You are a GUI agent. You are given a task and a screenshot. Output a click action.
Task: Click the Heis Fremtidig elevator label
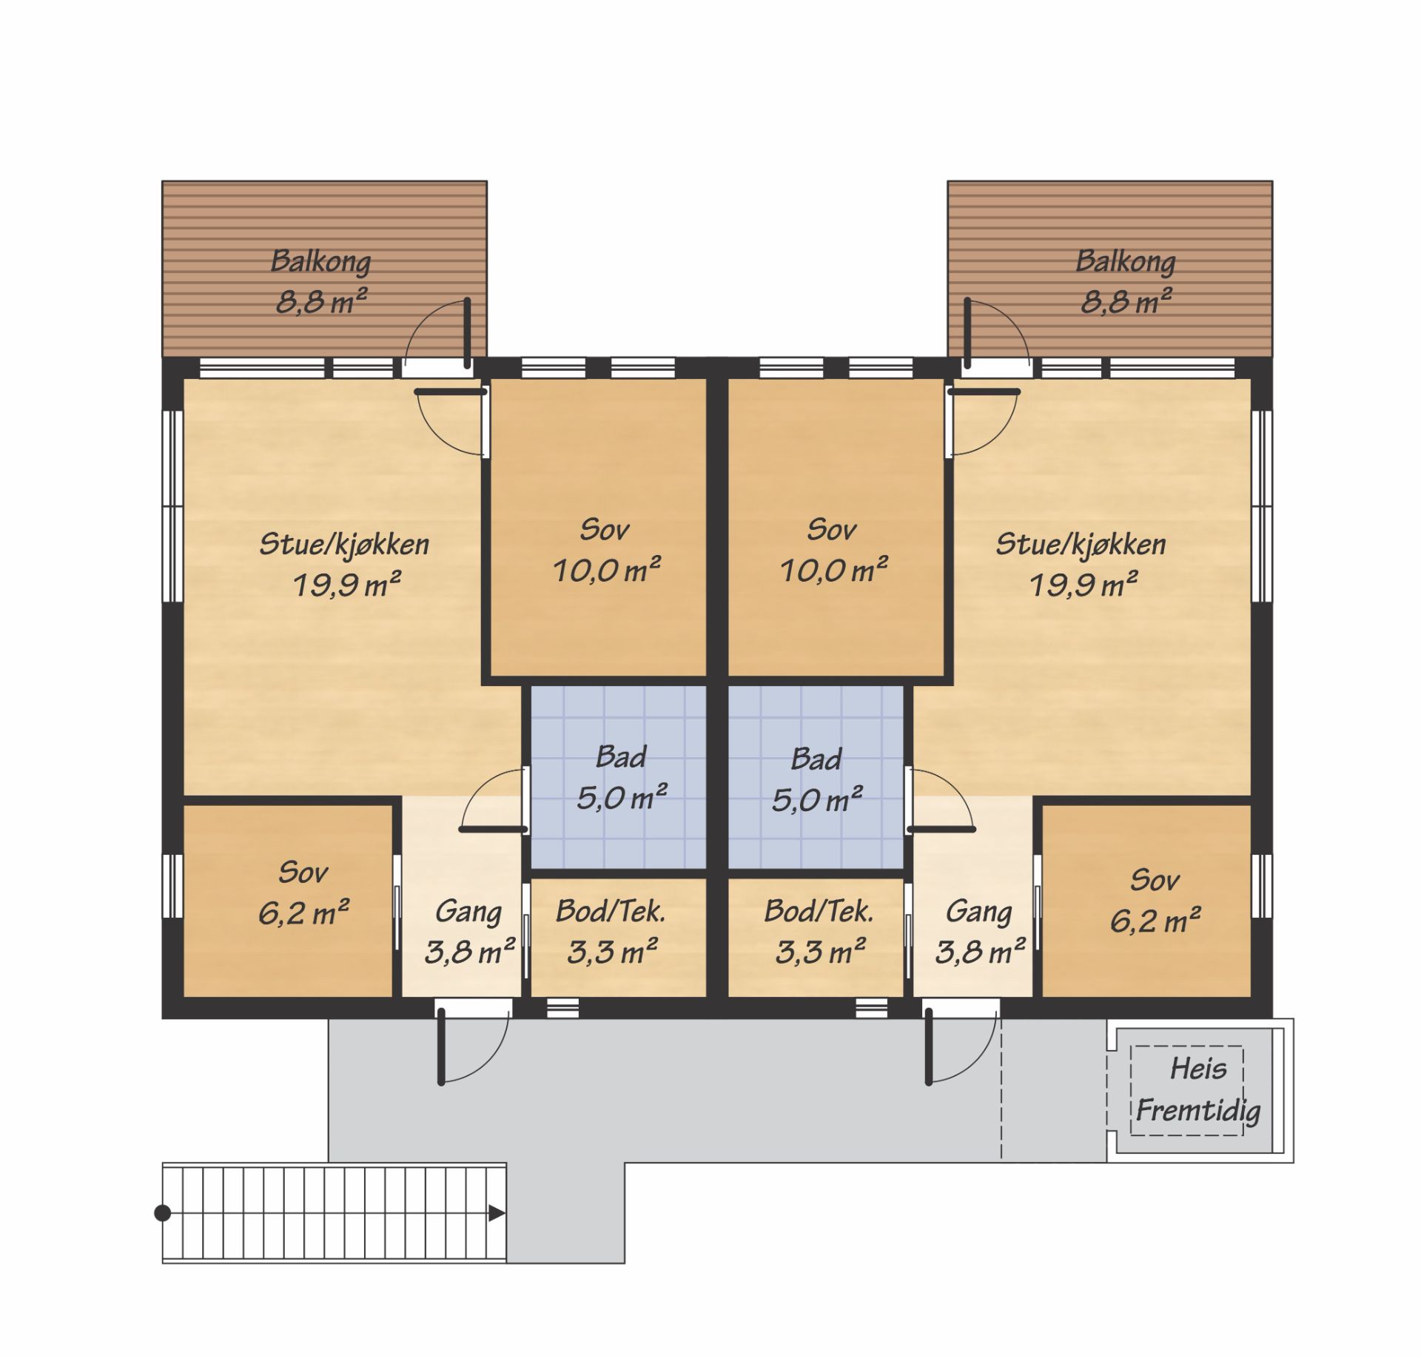coord(1198,1090)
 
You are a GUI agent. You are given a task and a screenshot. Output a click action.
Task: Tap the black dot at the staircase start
coord(163,1213)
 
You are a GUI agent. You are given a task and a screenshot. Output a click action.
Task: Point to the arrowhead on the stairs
coord(497,1213)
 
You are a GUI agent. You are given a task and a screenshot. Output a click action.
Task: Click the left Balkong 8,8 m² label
coord(321,281)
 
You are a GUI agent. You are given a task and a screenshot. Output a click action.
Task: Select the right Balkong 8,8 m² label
coord(1126,281)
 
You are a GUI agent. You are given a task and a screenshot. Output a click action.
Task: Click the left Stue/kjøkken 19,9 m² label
coord(345,564)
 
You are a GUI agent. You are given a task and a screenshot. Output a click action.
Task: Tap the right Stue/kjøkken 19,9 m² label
coord(1081,564)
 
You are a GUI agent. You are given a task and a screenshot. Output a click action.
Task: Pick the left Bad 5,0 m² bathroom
coord(619,776)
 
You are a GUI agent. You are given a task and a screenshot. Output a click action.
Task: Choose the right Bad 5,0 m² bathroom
coord(816,776)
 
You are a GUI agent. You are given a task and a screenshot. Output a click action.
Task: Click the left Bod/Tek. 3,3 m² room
coord(619,938)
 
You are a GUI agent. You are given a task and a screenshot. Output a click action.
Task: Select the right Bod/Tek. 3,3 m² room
coord(816,938)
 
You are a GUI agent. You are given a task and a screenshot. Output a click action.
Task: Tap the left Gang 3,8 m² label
coord(469,932)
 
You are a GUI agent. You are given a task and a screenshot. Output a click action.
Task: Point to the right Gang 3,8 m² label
coord(980,932)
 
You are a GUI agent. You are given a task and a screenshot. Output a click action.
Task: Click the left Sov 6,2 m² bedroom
coord(288,901)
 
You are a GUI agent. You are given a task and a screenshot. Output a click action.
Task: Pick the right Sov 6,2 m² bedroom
coord(1146,901)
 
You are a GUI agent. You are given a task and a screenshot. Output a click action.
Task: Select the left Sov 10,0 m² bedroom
coord(599,527)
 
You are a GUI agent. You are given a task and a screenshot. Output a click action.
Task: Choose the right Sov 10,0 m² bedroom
coord(836,527)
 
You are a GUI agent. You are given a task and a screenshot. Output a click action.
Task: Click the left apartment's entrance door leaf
coord(441,1045)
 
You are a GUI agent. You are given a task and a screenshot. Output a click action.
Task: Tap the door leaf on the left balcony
coord(468,332)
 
